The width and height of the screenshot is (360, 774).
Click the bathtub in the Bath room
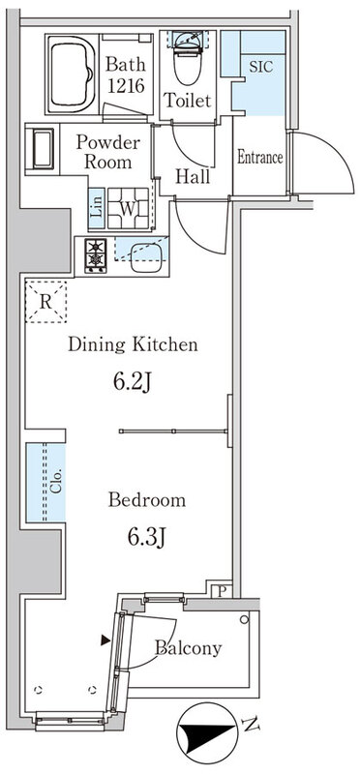(x=73, y=74)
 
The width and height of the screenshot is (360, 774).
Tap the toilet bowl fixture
(x=188, y=58)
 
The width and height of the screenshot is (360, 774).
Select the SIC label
(x=260, y=67)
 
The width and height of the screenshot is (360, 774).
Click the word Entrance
(x=259, y=158)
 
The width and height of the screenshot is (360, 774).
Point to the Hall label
(x=193, y=176)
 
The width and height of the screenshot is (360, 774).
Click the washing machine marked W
(x=128, y=208)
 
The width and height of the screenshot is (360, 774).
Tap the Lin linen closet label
(x=98, y=208)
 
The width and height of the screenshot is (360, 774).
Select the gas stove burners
(x=95, y=254)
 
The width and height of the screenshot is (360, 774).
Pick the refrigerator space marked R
(x=45, y=302)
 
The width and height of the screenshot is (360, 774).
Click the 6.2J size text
(x=133, y=382)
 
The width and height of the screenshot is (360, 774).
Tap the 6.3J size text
(x=147, y=537)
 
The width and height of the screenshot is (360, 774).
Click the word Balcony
(x=188, y=647)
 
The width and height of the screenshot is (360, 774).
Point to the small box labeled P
(x=220, y=592)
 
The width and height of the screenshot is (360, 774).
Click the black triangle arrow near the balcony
(x=105, y=640)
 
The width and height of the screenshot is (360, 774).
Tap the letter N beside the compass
(x=251, y=725)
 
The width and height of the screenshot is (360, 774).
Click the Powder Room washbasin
(x=43, y=149)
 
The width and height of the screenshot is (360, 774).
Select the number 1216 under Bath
(x=126, y=86)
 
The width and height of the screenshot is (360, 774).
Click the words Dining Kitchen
(x=133, y=344)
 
